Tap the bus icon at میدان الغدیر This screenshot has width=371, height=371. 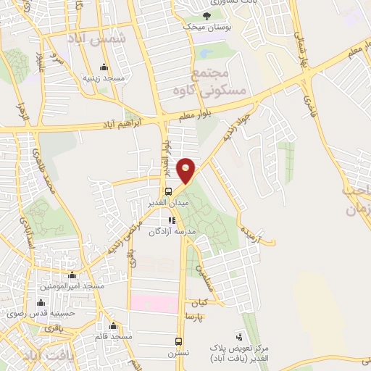(x=169, y=192)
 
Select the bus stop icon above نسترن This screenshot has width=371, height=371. (x=179, y=341)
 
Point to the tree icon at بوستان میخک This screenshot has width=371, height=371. (x=207, y=16)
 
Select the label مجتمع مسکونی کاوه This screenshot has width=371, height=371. (x=209, y=82)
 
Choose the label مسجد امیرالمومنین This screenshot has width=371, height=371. (x=72, y=286)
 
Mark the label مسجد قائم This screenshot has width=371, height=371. (x=112, y=336)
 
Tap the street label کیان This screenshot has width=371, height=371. (x=199, y=301)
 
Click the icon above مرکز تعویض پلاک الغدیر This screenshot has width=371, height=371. (x=239, y=336)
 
